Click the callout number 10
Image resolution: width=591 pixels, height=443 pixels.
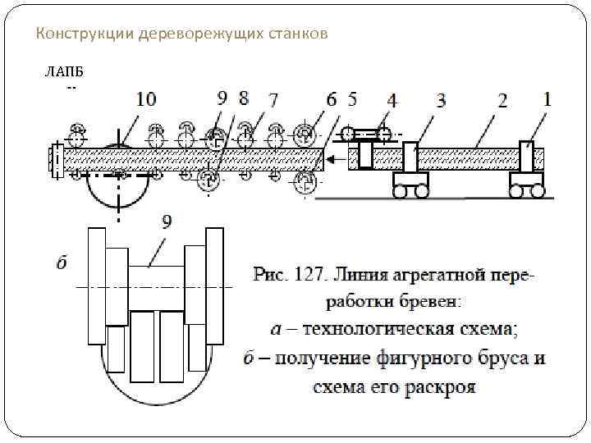[145, 99]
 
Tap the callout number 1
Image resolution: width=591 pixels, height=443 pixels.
[547, 98]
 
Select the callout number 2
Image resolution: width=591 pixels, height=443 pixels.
[502, 100]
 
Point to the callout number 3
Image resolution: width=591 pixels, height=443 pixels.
[441, 100]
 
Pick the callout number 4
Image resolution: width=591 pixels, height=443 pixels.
[392, 100]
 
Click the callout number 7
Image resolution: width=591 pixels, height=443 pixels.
[273, 99]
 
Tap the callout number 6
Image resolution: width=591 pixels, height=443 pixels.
[331, 99]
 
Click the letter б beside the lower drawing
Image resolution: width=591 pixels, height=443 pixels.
[62, 263]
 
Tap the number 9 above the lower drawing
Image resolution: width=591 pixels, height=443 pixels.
[167, 221]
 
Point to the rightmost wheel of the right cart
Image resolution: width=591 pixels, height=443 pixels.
[538, 191]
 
